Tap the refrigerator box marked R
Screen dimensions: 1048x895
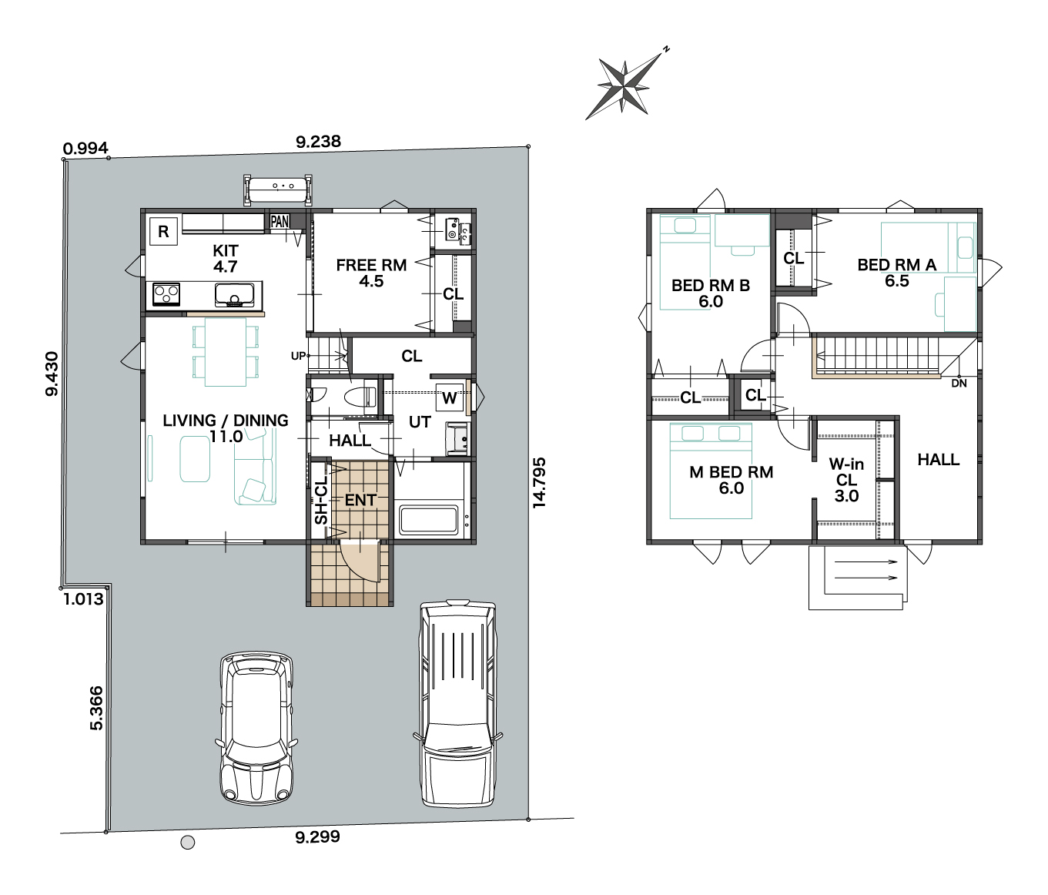(x=163, y=232)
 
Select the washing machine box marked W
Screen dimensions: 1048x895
(x=449, y=397)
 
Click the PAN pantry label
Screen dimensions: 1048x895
(x=280, y=222)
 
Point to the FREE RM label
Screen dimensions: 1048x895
(x=371, y=265)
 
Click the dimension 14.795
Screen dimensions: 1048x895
(x=539, y=483)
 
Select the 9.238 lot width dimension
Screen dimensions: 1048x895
(x=319, y=142)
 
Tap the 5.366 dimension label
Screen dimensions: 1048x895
(x=96, y=709)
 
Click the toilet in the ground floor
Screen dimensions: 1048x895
(x=359, y=396)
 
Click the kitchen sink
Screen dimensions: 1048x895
(x=234, y=295)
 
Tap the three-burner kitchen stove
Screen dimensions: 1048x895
(x=166, y=293)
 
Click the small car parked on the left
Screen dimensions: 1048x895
(x=256, y=729)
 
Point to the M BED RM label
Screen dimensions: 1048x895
(x=731, y=472)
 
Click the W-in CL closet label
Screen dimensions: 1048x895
(x=846, y=480)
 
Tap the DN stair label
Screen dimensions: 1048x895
(x=959, y=384)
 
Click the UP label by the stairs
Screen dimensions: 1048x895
(x=298, y=356)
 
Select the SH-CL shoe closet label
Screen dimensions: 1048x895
(x=321, y=501)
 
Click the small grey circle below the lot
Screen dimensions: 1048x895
(x=188, y=843)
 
